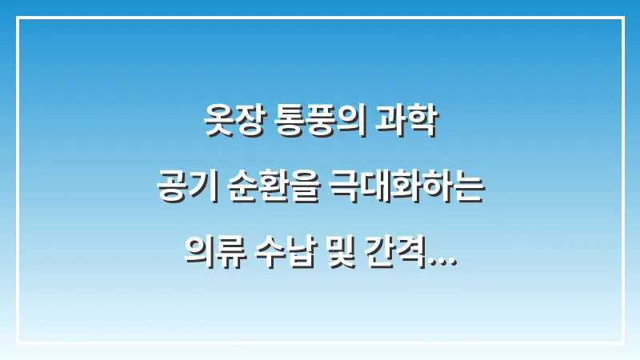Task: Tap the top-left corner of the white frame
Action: tap(17, 17)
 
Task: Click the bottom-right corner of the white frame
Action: tap(622, 342)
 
